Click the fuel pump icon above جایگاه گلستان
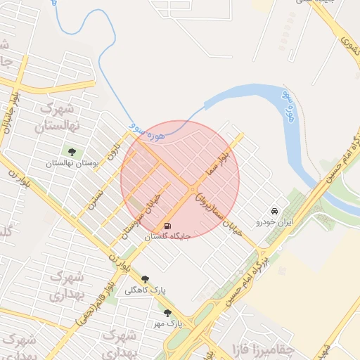167,226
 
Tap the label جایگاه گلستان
167,237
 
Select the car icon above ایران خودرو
274,211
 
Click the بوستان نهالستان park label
70,162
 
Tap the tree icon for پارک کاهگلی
146,279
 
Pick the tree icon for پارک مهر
167,313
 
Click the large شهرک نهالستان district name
60,118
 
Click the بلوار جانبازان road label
7,117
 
